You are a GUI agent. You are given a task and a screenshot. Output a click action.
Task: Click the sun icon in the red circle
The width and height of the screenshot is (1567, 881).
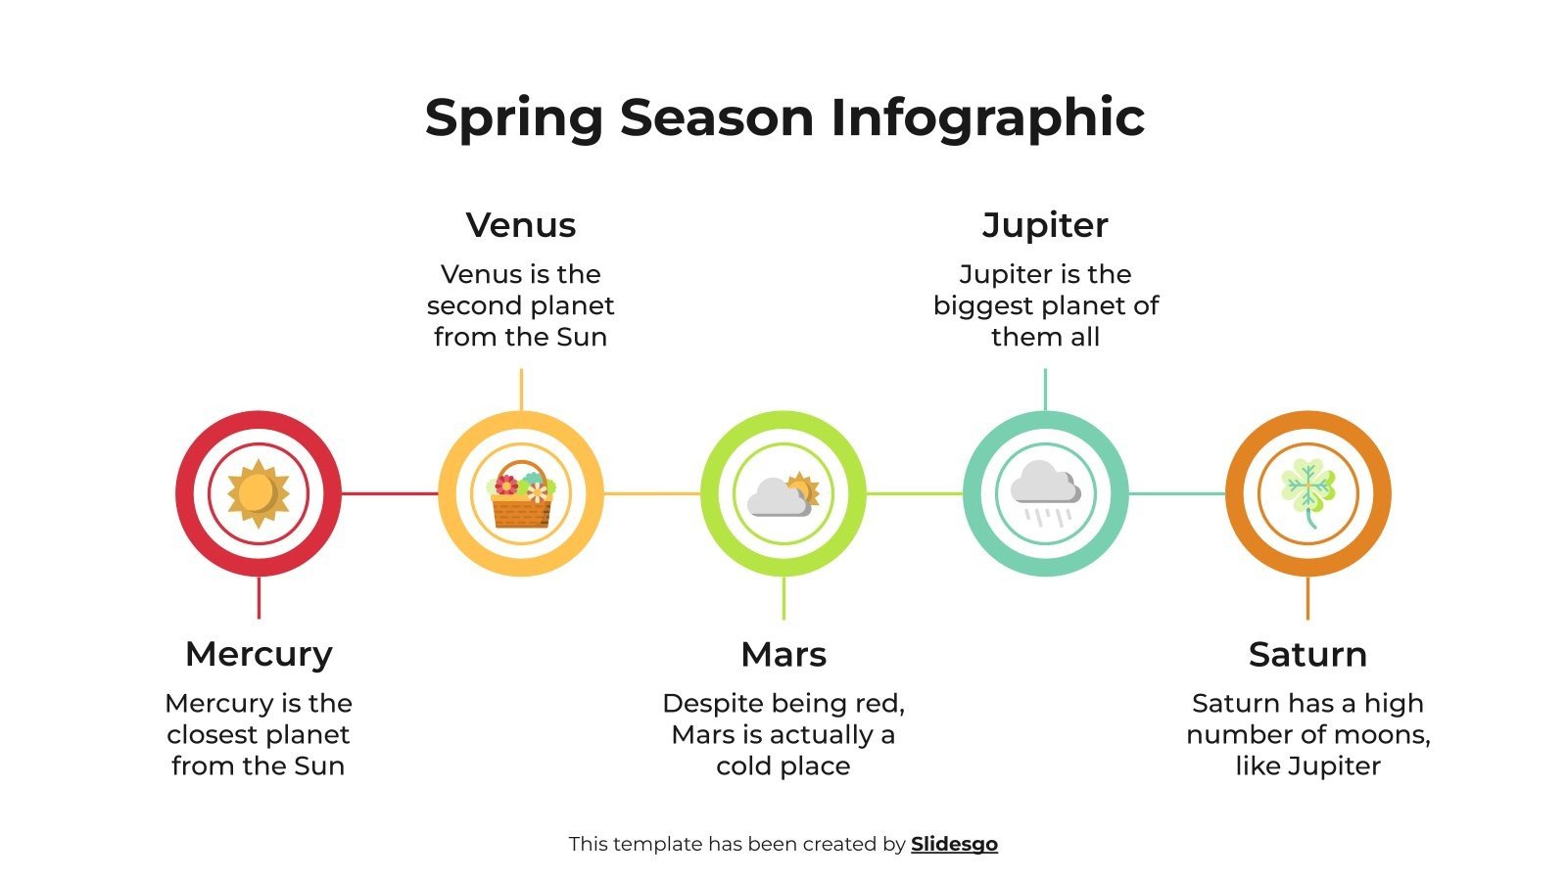pyautogui.click(x=259, y=492)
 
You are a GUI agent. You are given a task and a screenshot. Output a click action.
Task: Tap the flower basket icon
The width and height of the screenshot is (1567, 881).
pyautogui.click(x=521, y=494)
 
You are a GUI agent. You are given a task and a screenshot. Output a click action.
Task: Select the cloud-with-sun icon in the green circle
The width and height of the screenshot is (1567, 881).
pyautogui.click(x=783, y=494)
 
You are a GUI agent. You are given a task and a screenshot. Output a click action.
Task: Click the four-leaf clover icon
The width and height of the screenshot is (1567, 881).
pyautogui.click(x=1307, y=492)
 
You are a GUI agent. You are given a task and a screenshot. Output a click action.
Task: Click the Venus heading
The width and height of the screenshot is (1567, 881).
pyautogui.click(x=521, y=225)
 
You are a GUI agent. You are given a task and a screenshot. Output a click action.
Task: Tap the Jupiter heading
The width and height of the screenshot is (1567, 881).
pyautogui.click(x=1045, y=225)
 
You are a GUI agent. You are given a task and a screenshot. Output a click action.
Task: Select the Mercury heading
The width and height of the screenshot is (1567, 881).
pyautogui.click(x=259, y=654)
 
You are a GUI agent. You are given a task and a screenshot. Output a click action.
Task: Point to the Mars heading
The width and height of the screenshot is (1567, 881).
pyautogui.click(x=783, y=654)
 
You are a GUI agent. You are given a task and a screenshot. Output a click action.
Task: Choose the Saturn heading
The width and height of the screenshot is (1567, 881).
pyautogui.click(x=1307, y=654)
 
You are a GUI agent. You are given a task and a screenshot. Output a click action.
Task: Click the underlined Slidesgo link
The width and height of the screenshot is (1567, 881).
pyautogui.click(x=954, y=844)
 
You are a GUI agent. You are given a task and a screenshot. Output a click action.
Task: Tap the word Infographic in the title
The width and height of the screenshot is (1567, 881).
pyautogui.click(x=987, y=118)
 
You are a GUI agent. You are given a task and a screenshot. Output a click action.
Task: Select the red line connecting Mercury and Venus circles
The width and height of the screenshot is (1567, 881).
pyautogui.click(x=390, y=493)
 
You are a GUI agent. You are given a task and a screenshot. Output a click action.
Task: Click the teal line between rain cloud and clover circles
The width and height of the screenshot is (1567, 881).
pyautogui.click(x=1176, y=493)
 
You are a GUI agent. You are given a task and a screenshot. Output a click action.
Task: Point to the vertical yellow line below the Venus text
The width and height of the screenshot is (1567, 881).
pyautogui.click(x=521, y=389)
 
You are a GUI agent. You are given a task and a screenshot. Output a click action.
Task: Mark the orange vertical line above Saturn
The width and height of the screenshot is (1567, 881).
pyautogui.click(x=1307, y=597)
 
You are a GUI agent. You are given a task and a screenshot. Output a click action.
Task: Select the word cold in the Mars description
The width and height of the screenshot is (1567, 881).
pyautogui.click(x=748, y=765)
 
